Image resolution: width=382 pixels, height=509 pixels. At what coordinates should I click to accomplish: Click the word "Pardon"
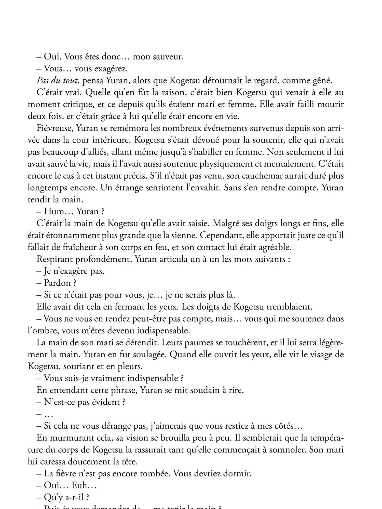click(x=57, y=283)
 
